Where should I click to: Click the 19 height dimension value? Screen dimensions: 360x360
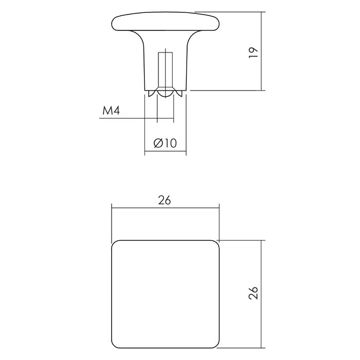pyautogui.click(x=254, y=52)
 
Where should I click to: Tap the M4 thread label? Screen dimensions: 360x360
pyautogui.click(x=111, y=111)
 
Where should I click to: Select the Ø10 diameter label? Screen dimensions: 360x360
pyautogui.click(x=165, y=143)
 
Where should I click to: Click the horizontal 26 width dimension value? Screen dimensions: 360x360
pyautogui.click(x=165, y=200)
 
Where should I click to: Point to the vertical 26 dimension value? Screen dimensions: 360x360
pyautogui.click(x=254, y=293)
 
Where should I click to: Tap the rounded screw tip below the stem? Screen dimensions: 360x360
pyautogui.click(x=165, y=93)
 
